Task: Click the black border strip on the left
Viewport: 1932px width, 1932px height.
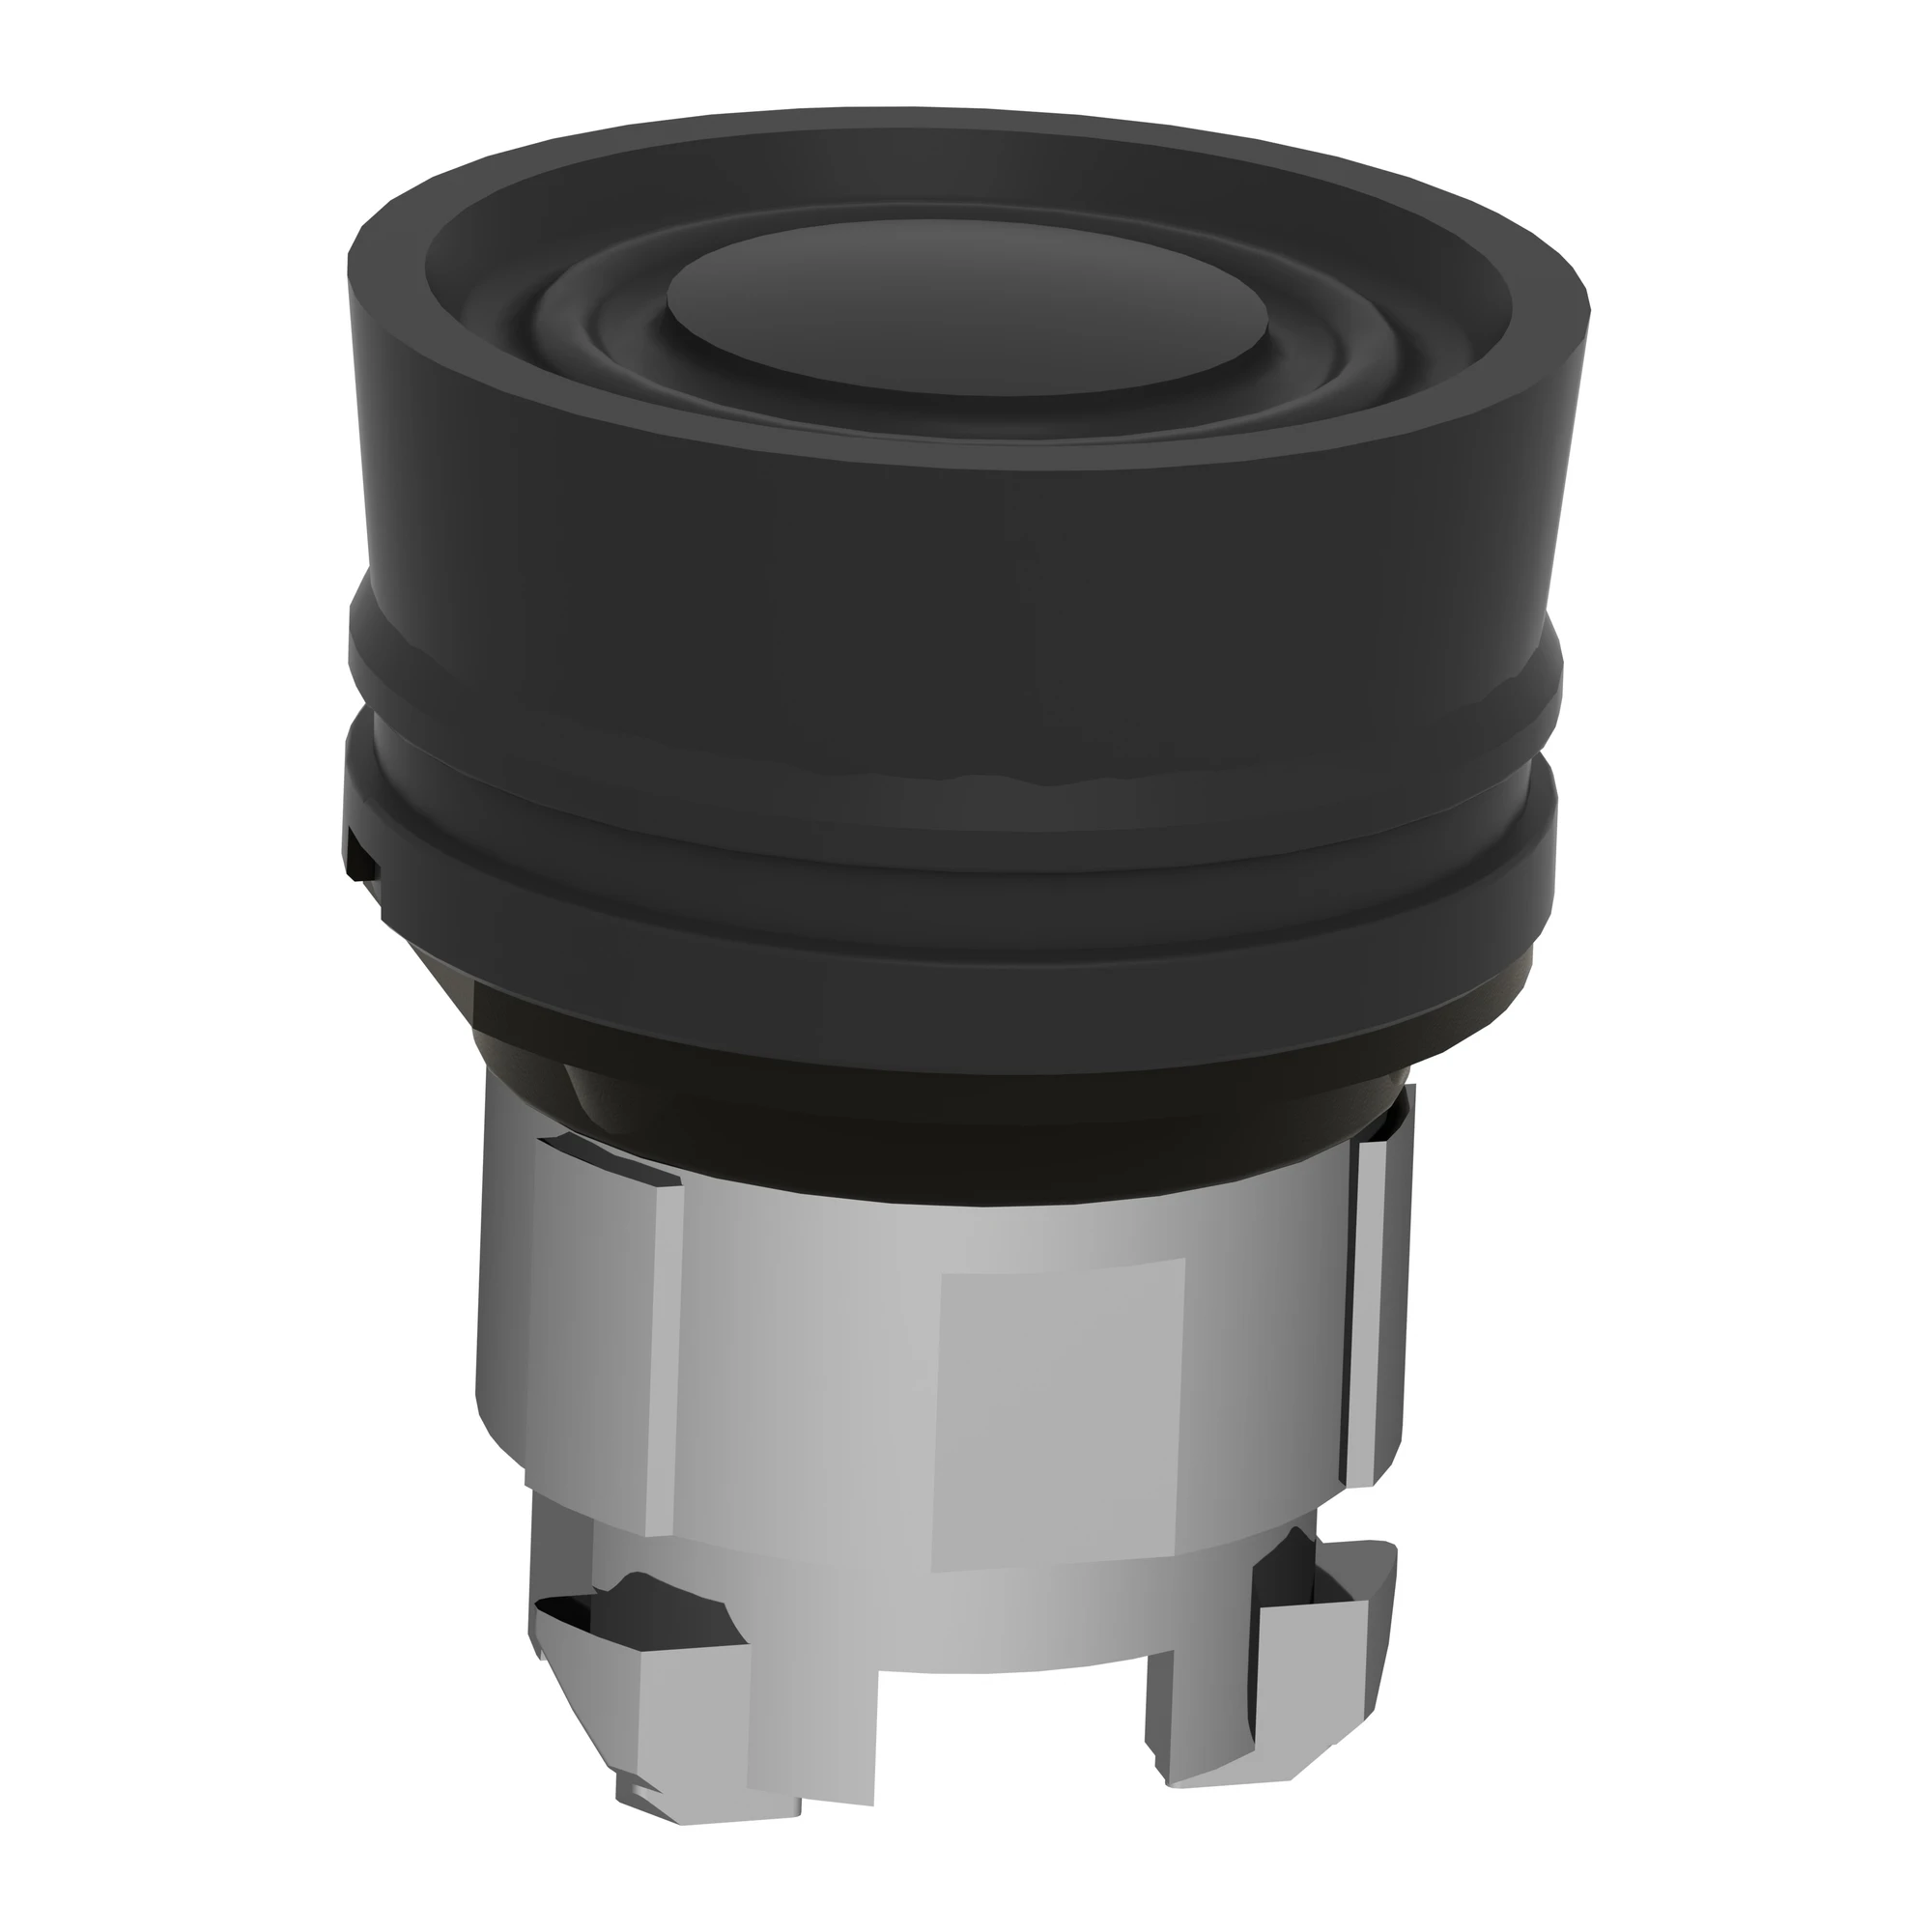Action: point(130,966)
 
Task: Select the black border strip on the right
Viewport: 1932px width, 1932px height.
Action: point(1800,966)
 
